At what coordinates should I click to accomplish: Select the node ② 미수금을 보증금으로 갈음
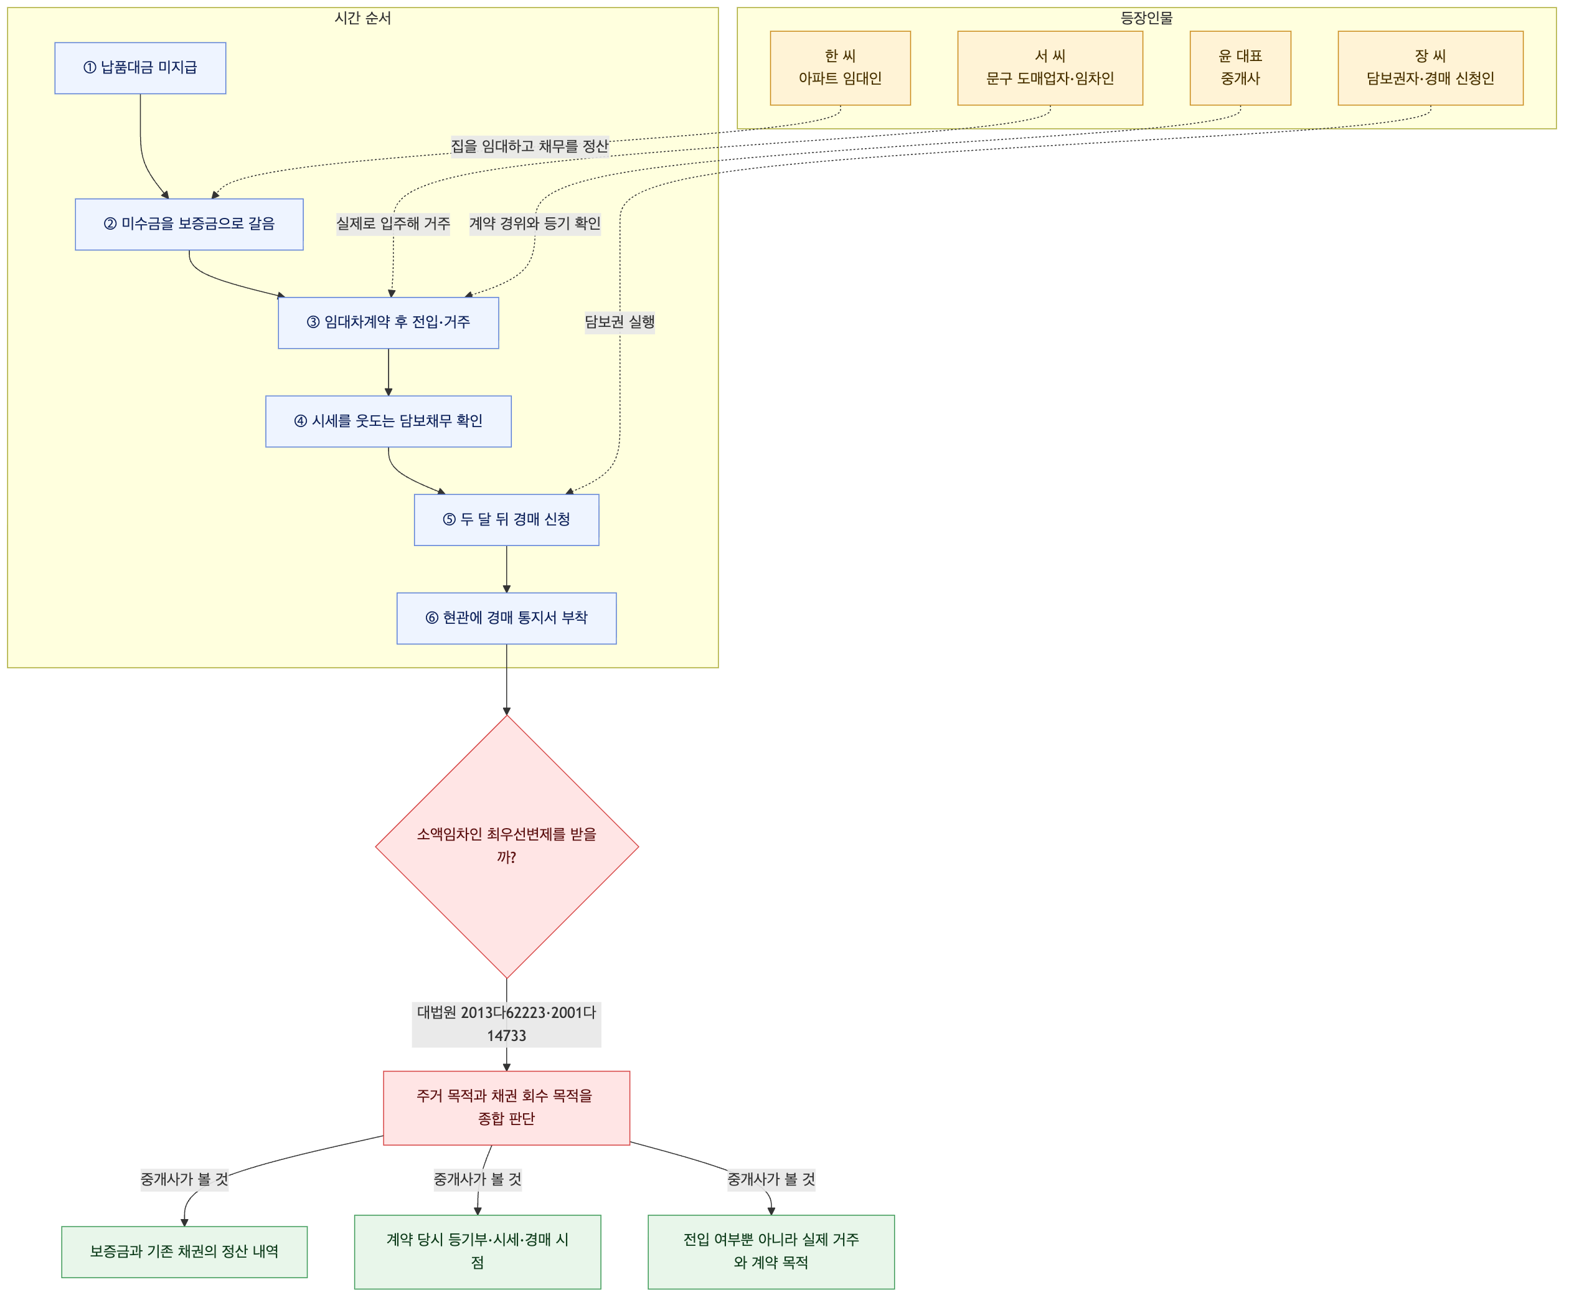pos(189,224)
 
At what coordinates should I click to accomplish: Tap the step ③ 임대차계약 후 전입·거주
pos(389,323)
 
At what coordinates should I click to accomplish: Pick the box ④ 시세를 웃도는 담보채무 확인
pos(389,422)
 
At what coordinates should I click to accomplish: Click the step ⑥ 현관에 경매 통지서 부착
pos(507,618)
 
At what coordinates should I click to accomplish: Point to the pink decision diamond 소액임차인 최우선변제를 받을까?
pos(507,846)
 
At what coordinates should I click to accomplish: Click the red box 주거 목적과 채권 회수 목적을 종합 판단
pos(507,1108)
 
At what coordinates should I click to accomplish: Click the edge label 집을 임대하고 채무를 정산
pos(529,146)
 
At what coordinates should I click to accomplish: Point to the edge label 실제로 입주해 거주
pos(393,224)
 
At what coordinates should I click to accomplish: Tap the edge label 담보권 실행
pos(620,323)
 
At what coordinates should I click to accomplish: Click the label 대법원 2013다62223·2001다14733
pos(507,1024)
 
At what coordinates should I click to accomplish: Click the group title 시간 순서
pos(363,18)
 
